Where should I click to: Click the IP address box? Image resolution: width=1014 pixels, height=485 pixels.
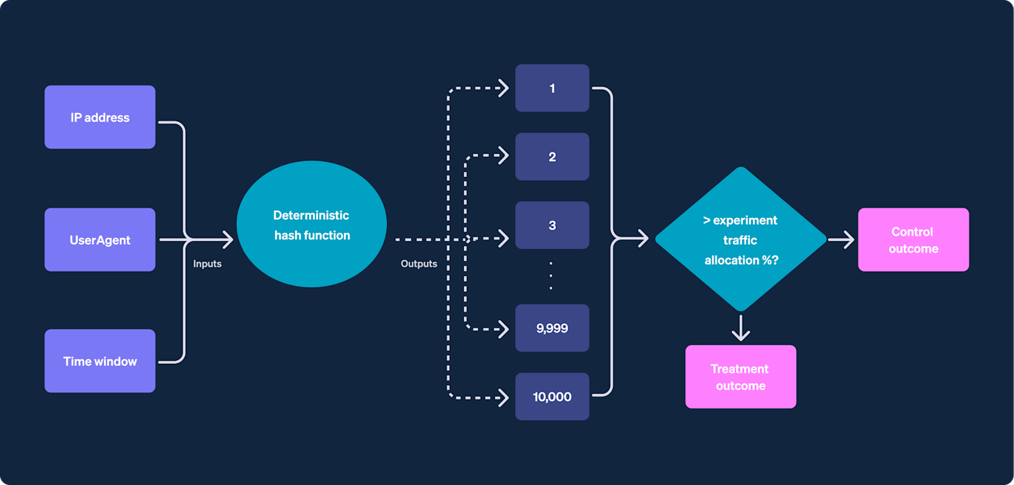(x=100, y=117)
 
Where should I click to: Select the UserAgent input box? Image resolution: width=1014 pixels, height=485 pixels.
(x=100, y=240)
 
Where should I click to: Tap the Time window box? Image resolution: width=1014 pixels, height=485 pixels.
(x=100, y=361)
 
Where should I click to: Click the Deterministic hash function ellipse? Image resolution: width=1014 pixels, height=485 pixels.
(x=311, y=225)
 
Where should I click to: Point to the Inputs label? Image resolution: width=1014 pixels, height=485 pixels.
(x=207, y=264)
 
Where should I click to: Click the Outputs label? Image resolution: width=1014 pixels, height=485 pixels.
(x=419, y=264)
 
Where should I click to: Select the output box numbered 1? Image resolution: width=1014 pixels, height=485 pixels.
(x=552, y=88)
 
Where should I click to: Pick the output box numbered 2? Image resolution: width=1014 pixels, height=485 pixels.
(x=552, y=157)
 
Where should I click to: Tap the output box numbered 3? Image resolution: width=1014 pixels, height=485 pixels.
(x=552, y=225)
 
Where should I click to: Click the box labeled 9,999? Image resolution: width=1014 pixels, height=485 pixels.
(x=552, y=328)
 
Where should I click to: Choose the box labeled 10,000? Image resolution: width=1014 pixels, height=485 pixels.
(x=552, y=397)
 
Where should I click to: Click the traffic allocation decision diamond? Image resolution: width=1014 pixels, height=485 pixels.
(x=740, y=240)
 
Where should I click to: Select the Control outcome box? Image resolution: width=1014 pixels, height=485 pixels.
(x=913, y=240)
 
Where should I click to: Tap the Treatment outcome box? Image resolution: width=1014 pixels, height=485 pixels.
(x=740, y=377)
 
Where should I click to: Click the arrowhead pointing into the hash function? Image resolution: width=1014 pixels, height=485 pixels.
(x=227, y=239)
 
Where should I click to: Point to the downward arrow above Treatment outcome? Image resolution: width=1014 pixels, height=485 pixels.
(x=741, y=328)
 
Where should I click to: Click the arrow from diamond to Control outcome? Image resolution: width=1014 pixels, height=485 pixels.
(x=841, y=239)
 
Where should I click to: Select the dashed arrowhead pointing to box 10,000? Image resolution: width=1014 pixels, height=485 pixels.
(x=503, y=397)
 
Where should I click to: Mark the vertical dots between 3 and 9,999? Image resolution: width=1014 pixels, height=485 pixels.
(x=551, y=275)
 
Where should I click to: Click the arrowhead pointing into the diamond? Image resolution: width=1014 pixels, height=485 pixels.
(x=642, y=238)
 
